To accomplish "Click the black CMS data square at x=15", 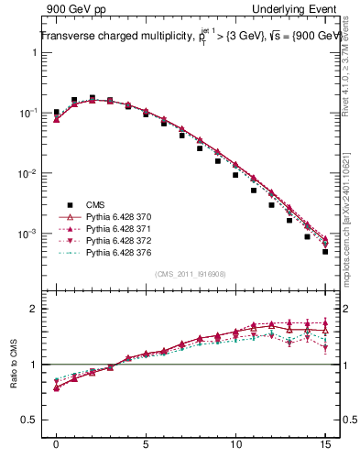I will tap(325, 252).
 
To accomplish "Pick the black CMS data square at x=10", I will tap(235, 175).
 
